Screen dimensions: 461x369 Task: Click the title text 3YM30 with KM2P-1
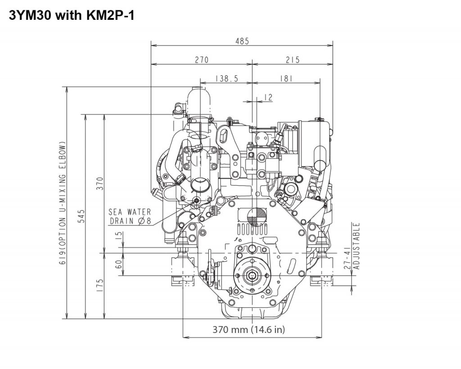click(72, 15)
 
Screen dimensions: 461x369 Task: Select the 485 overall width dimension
click(242, 41)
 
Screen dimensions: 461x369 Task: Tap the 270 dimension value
click(202, 60)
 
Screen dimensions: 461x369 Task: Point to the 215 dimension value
click(293, 60)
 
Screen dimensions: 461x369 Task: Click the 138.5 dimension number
click(226, 78)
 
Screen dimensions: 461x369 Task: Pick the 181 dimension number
click(286, 78)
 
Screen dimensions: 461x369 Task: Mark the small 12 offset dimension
click(268, 97)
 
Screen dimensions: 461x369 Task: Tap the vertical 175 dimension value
click(100, 286)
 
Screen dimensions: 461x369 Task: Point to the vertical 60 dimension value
click(118, 264)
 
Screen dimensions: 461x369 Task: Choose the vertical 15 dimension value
click(118, 235)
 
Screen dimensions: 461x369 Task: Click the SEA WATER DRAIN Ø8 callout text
click(130, 216)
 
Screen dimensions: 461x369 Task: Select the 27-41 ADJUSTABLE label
click(352, 246)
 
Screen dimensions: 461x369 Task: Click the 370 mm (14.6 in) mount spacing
click(249, 329)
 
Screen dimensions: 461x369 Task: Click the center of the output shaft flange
click(252, 275)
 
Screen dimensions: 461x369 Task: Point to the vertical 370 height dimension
click(100, 183)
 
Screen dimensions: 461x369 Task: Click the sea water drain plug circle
click(196, 200)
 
